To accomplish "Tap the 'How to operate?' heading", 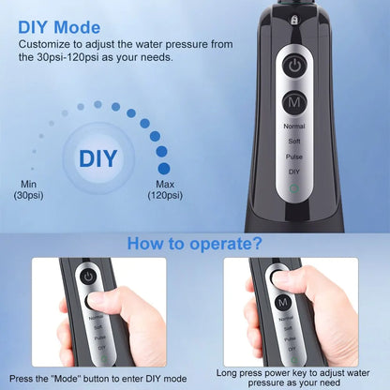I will click(195, 245).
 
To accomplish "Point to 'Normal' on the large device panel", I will click(295, 124).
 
